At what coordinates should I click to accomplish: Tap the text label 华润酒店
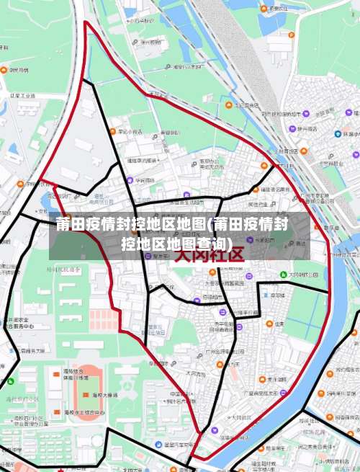[144, 179]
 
